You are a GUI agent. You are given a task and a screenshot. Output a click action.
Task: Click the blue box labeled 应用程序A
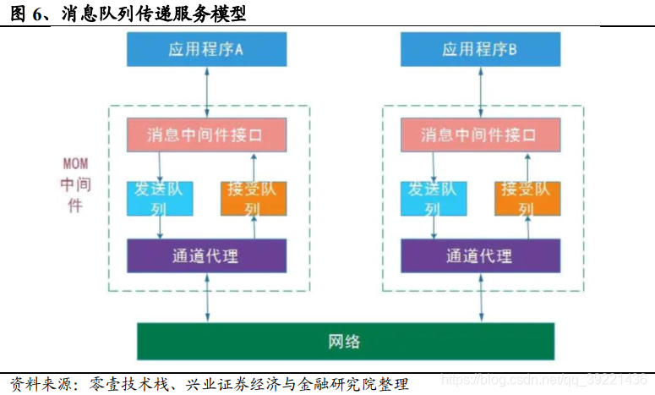(206, 50)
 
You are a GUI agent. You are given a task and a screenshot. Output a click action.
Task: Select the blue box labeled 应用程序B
(479, 50)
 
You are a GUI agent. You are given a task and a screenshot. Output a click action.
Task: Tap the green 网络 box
(346, 341)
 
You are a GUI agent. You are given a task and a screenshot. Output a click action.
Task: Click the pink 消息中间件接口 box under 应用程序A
(206, 134)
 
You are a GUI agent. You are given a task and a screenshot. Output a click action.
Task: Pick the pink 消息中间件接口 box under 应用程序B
(479, 134)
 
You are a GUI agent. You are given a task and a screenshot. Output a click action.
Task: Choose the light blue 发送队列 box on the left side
(160, 198)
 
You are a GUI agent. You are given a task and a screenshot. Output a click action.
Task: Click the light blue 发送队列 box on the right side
(433, 198)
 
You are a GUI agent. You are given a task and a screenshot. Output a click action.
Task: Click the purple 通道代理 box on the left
(206, 255)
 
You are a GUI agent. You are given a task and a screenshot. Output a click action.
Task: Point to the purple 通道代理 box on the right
(479, 255)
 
